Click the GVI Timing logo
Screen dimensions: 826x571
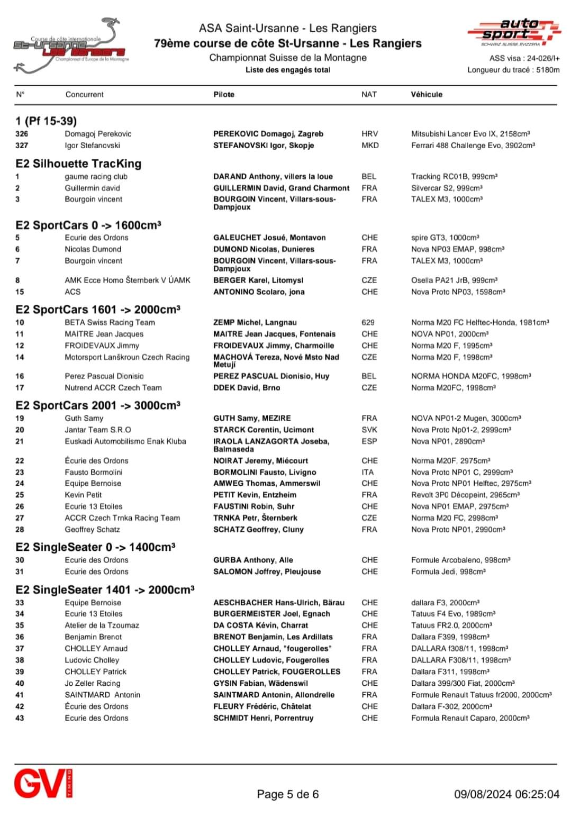coord(43,784)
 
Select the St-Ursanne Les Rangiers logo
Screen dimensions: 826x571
coord(71,47)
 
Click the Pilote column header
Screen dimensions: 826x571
coord(224,95)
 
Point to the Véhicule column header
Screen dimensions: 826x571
coord(427,95)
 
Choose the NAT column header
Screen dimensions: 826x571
coord(369,95)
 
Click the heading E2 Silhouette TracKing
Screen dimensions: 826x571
coord(78,164)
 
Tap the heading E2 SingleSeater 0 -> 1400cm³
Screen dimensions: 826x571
coord(95,547)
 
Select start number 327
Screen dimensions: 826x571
coord(22,146)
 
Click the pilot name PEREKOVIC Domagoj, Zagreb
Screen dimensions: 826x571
coord(268,134)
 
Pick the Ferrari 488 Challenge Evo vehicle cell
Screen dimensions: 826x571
coord(473,146)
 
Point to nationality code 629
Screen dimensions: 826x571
coord(368,322)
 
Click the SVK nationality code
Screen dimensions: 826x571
coord(369,430)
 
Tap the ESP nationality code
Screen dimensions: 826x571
coord(369,441)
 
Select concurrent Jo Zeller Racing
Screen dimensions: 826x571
coord(93,683)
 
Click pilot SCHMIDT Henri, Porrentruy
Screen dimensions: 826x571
coord(263,718)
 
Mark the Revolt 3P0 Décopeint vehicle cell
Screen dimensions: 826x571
coord(465,495)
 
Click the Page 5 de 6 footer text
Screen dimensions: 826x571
coord(287,794)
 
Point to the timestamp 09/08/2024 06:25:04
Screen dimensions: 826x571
coord(506,794)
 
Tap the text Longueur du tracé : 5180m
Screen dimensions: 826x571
coord(513,70)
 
